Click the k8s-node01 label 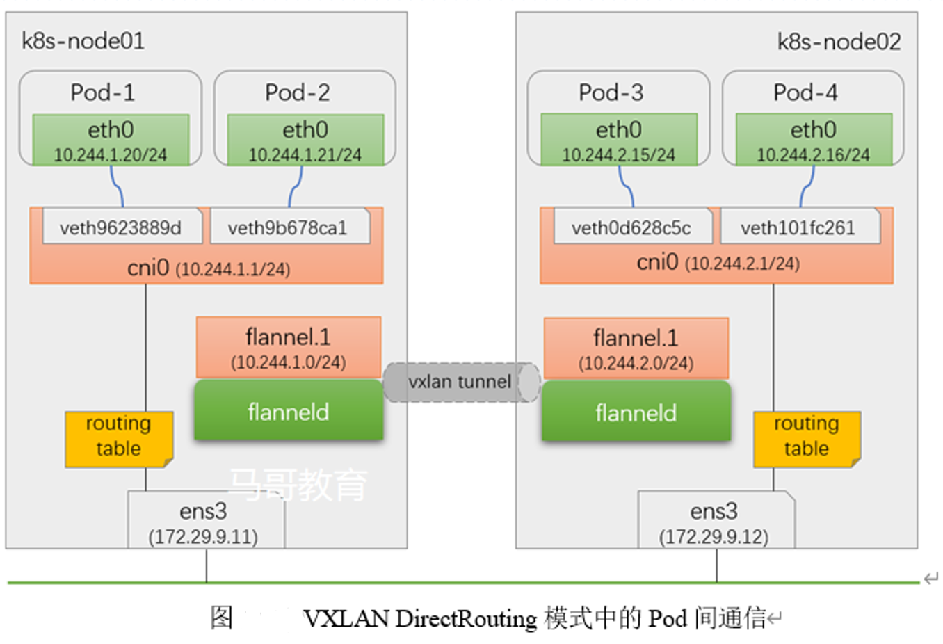coord(83,41)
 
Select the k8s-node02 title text coord(839,42)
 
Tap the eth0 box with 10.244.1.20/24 coord(111,140)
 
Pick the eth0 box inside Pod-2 coord(305,140)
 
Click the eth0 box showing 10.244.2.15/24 coord(619,140)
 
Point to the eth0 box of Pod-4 coord(814,140)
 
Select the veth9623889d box coord(121,227)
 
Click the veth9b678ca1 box coord(289,227)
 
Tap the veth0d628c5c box coord(632,227)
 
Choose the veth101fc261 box coord(799,227)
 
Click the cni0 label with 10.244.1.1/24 coord(208,268)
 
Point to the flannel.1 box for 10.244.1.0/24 coord(289,347)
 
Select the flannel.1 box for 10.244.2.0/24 coord(636,348)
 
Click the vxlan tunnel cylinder coord(460,382)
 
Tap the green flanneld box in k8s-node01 coord(289,412)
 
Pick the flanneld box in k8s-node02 coord(636,412)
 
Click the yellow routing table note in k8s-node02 coord(807,437)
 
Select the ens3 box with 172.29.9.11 coord(204,522)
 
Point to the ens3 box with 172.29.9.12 coord(715,522)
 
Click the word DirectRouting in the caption coord(466,618)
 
